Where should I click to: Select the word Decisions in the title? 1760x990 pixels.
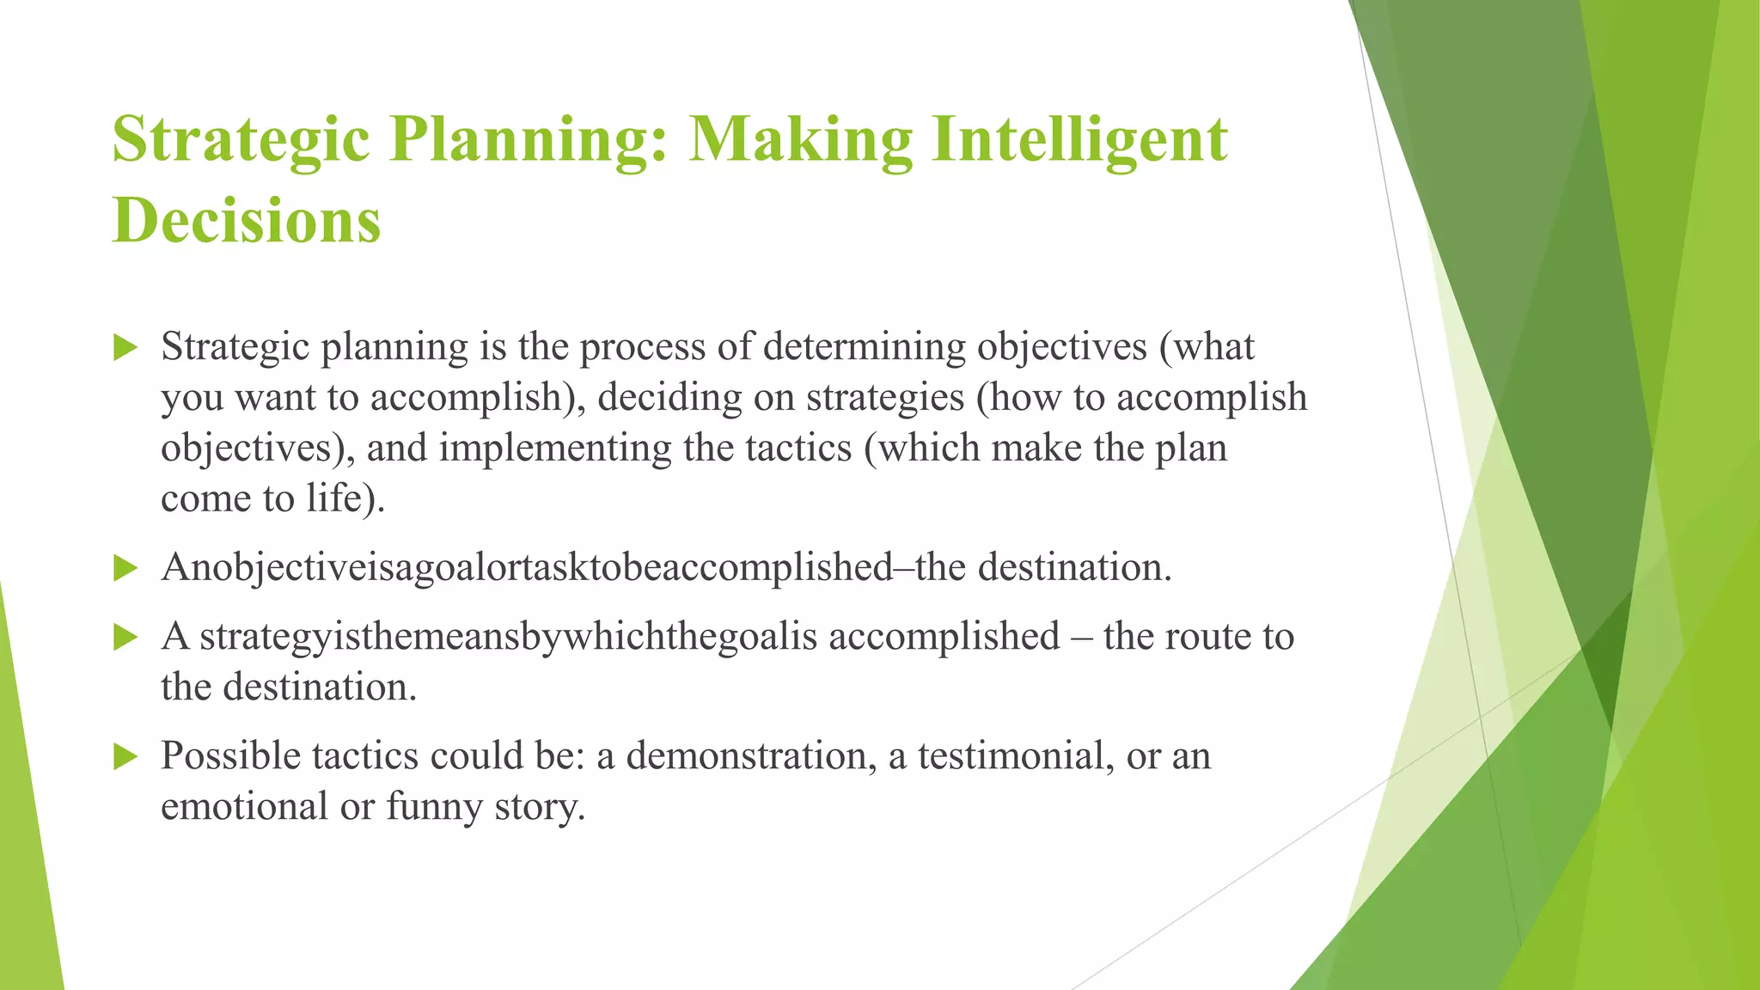247,221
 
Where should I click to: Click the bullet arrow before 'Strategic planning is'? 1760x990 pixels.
125,348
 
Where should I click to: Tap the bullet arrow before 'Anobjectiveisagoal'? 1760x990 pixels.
125,568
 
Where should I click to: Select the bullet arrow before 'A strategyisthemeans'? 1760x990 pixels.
125,637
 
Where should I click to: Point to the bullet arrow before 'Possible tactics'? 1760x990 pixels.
125,756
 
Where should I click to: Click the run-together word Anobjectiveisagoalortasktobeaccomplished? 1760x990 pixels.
527,568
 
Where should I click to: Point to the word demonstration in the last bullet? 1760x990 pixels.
745,756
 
